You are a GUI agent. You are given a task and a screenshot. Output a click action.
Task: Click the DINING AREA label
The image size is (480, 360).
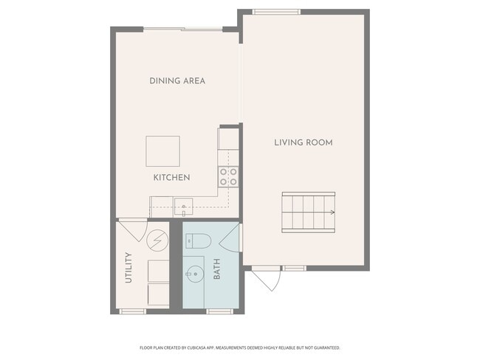177,80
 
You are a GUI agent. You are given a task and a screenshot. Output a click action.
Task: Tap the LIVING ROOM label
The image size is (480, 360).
304,142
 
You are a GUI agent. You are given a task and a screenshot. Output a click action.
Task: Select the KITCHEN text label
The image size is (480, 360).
172,177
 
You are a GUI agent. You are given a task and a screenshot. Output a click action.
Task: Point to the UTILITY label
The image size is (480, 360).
128,268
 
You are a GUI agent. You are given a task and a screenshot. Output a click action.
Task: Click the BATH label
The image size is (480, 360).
216,269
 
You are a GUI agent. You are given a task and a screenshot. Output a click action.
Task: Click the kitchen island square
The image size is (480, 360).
163,151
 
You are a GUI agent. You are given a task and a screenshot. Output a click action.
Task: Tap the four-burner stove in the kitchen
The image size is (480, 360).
228,177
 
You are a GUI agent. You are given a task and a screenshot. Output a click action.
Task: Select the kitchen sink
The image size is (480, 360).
183,207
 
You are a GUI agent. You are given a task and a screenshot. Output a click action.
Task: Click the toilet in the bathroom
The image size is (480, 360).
199,241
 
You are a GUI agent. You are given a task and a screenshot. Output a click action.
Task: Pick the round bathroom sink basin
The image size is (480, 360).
194,274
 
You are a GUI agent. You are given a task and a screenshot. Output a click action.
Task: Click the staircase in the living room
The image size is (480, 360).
309,212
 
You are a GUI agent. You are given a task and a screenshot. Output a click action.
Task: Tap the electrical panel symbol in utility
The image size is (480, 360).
157,240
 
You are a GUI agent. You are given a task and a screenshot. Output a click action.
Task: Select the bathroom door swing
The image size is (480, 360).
230,238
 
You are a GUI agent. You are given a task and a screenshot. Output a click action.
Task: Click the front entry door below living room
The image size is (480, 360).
266,278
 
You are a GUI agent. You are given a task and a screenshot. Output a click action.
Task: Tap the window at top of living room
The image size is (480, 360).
276,12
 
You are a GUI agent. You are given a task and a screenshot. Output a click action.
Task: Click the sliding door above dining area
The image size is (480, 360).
183,30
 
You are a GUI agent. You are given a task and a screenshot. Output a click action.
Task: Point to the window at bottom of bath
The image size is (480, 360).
219,311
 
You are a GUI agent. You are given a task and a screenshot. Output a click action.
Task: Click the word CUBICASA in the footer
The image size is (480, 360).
194,347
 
